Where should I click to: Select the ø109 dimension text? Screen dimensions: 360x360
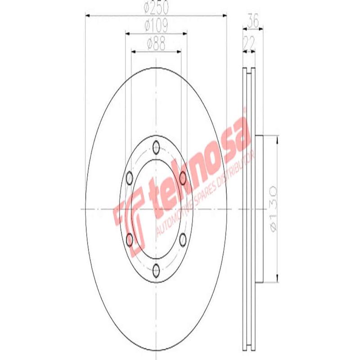(156, 26)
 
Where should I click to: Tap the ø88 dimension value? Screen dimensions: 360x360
(156, 44)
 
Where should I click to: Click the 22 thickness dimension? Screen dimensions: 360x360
(249, 43)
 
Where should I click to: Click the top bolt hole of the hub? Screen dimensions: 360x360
(156, 147)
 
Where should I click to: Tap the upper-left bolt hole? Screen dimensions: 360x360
(130, 178)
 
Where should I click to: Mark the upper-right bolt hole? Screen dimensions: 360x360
(183, 178)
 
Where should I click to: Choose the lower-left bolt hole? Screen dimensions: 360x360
(130, 240)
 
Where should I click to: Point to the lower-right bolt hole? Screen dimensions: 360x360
(183, 240)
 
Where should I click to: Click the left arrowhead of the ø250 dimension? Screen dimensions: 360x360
(87, 16)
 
